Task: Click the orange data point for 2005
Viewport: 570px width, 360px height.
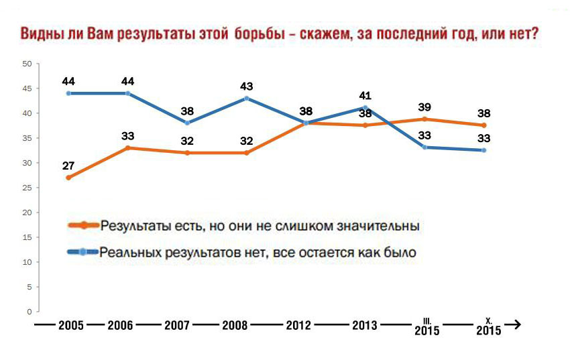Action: click(68, 178)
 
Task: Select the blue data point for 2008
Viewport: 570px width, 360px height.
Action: click(247, 98)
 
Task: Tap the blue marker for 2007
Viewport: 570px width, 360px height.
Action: click(186, 123)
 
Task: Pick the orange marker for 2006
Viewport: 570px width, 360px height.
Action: click(127, 147)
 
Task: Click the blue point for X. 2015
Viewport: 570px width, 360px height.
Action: click(483, 150)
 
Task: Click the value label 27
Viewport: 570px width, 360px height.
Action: click(68, 164)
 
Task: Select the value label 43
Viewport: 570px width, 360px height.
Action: click(247, 86)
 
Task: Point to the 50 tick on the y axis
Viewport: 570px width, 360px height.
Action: click(27, 64)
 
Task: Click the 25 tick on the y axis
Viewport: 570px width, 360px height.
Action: click(27, 188)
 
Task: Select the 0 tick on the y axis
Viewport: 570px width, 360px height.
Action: click(29, 312)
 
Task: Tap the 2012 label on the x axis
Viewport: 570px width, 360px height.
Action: click(298, 326)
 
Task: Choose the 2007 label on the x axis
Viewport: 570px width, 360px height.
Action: click(178, 326)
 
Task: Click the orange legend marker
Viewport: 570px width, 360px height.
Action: click(83, 225)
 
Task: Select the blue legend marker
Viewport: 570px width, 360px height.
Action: click(83, 253)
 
